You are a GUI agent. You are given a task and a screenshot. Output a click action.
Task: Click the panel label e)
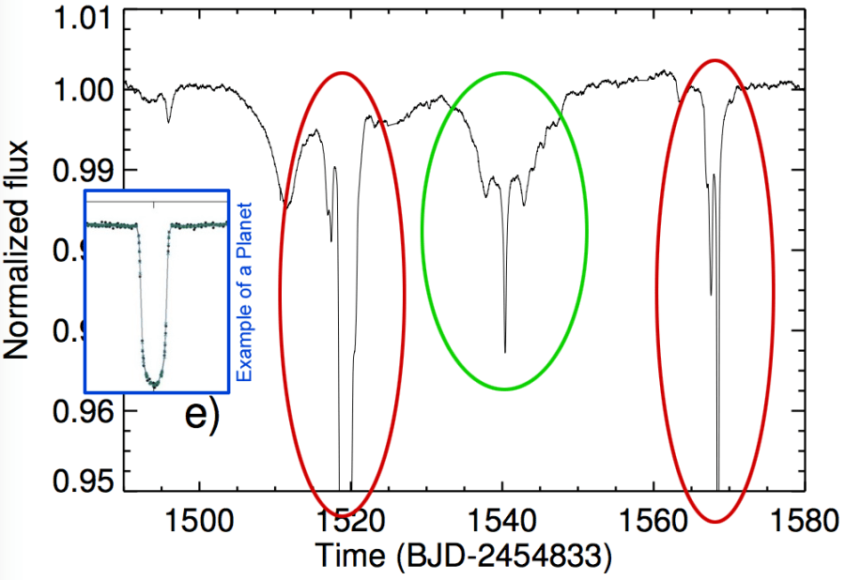[x=200, y=414]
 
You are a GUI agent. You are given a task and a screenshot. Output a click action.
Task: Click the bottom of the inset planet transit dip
[x=154, y=385]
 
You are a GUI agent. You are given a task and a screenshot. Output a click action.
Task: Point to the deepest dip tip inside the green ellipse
[x=505, y=352]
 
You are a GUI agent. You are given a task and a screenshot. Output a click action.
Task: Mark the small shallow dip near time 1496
[x=168, y=121]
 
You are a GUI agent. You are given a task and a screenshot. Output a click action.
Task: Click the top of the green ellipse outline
[x=504, y=72]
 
